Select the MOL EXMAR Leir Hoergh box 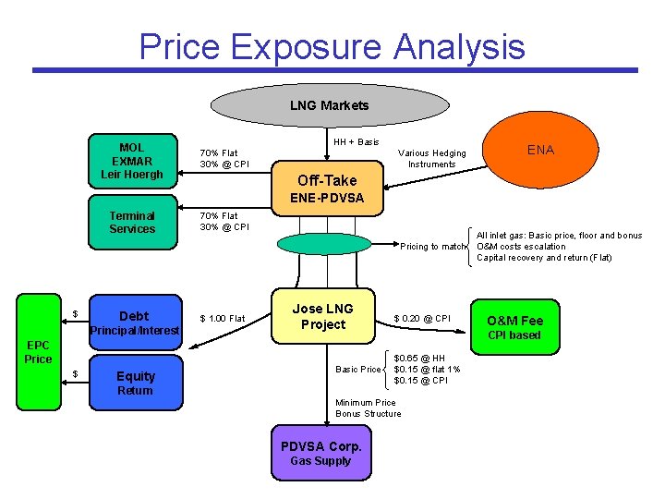[x=131, y=161]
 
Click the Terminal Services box [x=131, y=223]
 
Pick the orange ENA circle [x=540, y=151]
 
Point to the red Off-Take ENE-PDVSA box [x=327, y=189]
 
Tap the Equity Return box [x=135, y=383]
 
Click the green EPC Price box [x=38, y=352]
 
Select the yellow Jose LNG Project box [x=323, y=317]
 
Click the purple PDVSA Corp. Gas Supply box [x=320, y=453]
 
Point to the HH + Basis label [x=357, y=142]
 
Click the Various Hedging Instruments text [x=431, y=159]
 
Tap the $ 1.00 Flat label [x=223, y=319]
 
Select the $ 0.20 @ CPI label [x=422, y=319]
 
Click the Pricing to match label [x=433, y=247]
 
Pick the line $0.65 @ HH [x=419, y=358]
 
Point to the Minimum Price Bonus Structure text [x=369, y=408]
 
